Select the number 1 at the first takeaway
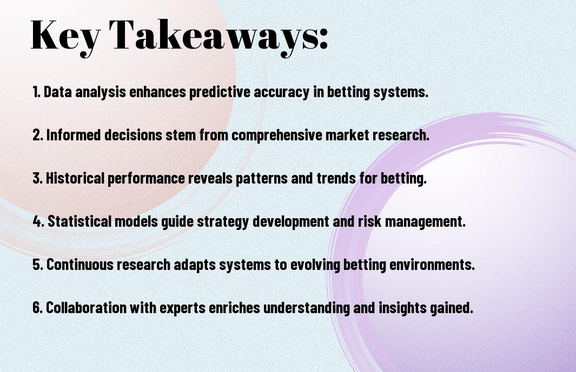coord(36,92)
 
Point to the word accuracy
coord(281,92)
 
